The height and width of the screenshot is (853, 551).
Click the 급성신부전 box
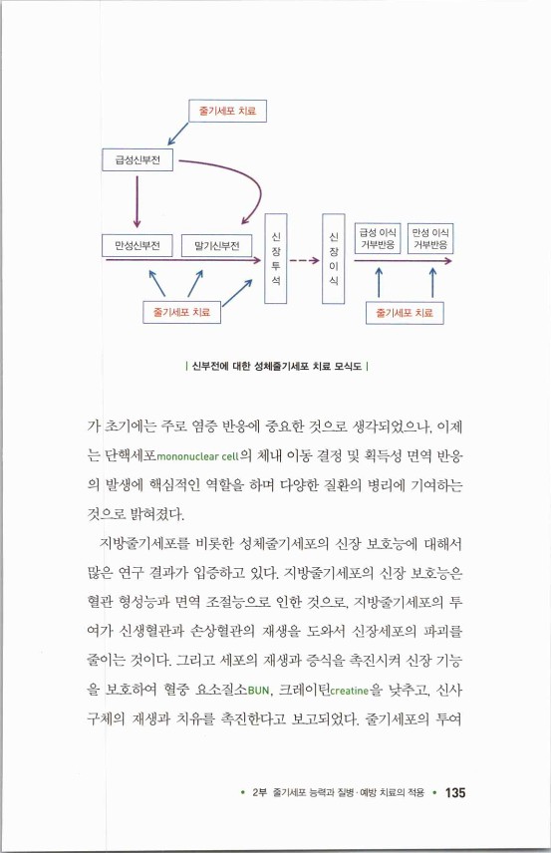point(137,158)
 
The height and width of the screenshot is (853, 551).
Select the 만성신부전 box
point(137,245)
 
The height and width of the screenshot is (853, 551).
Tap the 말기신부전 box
point(217,245)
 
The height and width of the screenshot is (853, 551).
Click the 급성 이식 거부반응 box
point(379,238)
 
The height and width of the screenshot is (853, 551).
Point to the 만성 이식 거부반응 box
point(430,238)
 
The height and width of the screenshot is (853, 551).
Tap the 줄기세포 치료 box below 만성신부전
point(182,313)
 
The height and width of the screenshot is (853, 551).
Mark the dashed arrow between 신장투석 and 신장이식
point(304,262)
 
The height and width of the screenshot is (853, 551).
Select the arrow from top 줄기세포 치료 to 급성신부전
point(177,134)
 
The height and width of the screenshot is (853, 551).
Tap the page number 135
point(455,793)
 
